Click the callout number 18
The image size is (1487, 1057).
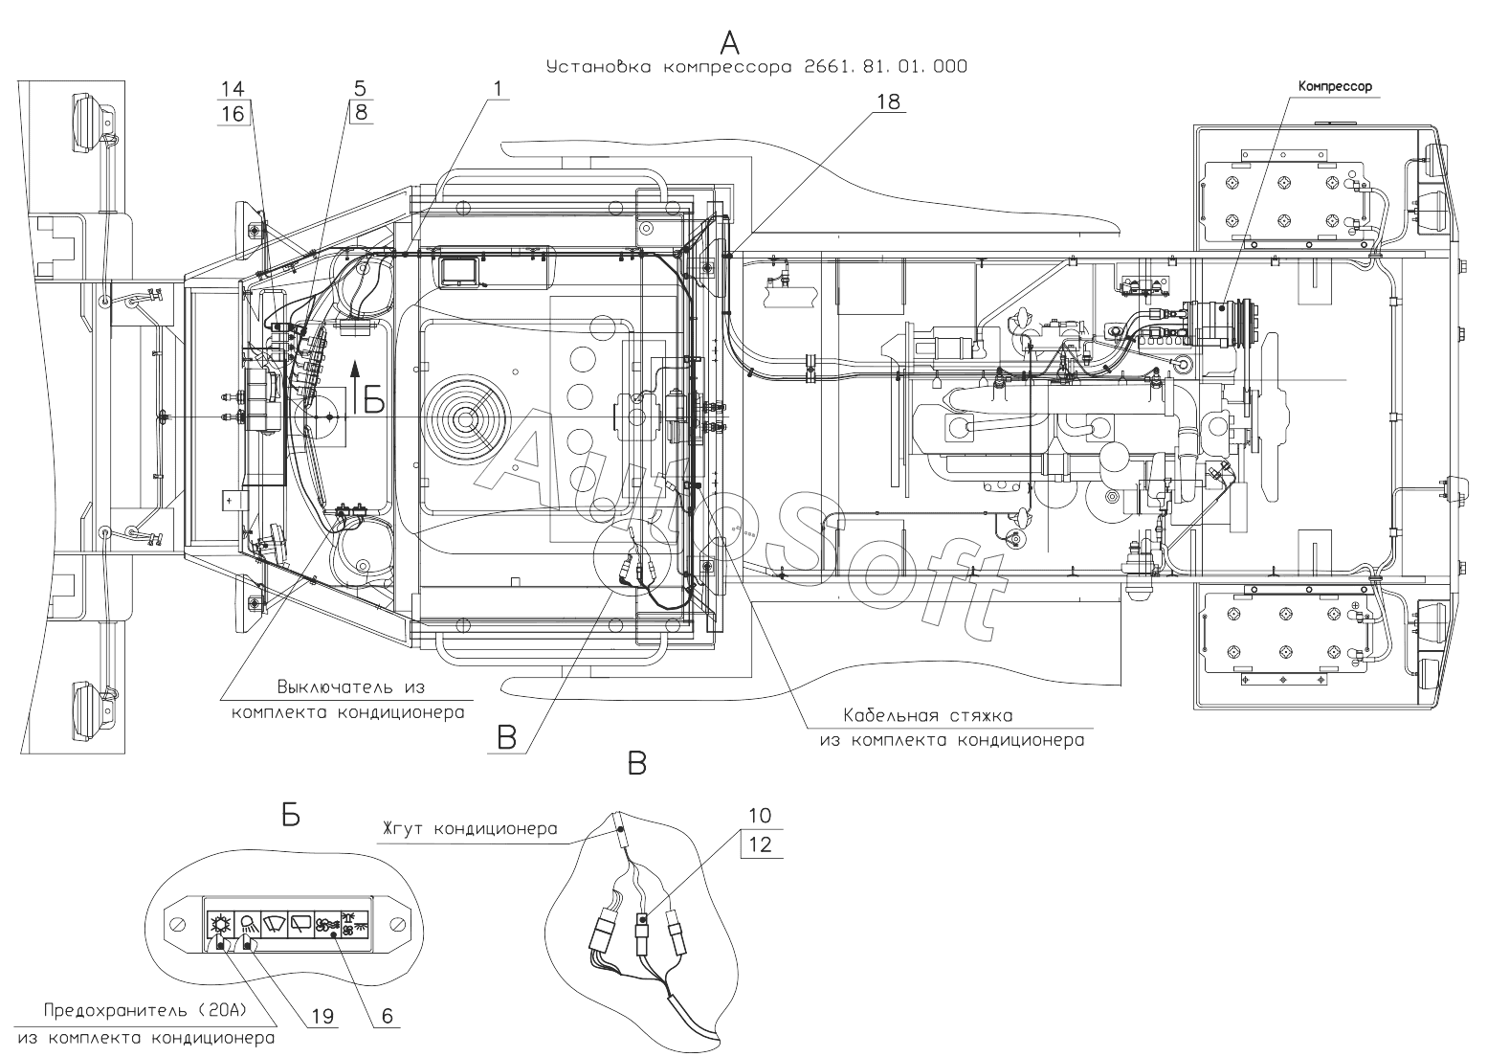[888, 101]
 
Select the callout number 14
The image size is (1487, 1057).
[233, 88]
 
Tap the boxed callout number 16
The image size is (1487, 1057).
[233, 114]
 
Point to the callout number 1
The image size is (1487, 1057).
[498, 88]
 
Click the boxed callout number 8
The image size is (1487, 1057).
[361, 112]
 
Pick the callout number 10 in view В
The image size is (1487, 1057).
[760, 815]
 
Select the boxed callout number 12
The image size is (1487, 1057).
[760, 844]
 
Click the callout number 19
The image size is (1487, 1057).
[322, 1017]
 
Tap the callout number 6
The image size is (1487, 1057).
[387, 1016]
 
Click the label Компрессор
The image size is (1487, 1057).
[1334, 86]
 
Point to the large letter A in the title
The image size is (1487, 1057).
[729, 43]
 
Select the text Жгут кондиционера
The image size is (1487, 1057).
[469, 829]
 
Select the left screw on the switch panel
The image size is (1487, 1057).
[177, 924]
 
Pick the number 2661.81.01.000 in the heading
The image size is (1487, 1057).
[885, 66]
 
